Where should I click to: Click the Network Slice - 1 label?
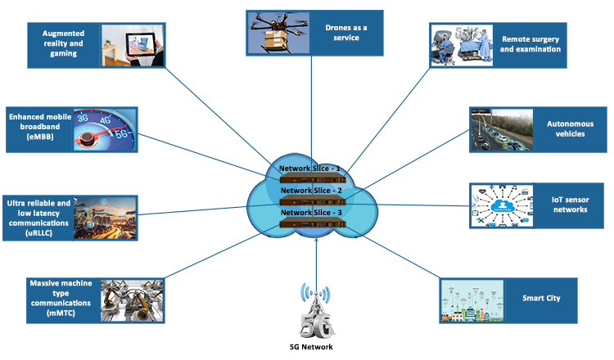point(309,169)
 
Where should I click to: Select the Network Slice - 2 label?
point(309,191)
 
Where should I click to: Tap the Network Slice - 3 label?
point(309,213)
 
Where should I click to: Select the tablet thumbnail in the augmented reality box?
point(128,44)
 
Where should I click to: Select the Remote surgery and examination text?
point(531,44)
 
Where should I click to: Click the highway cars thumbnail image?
point(500,128)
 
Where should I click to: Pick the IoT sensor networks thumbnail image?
point(500,205)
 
